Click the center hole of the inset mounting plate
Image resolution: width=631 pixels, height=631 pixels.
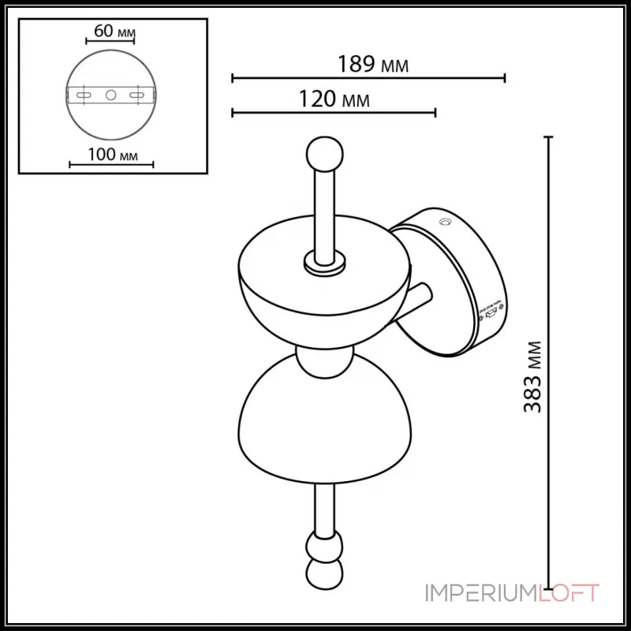click(110, 95)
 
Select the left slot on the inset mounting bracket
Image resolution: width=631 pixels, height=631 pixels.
click(82, 95)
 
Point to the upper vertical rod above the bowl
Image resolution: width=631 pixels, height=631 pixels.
click(323, 209)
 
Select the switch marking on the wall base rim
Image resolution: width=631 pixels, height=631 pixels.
click(489, 311)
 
